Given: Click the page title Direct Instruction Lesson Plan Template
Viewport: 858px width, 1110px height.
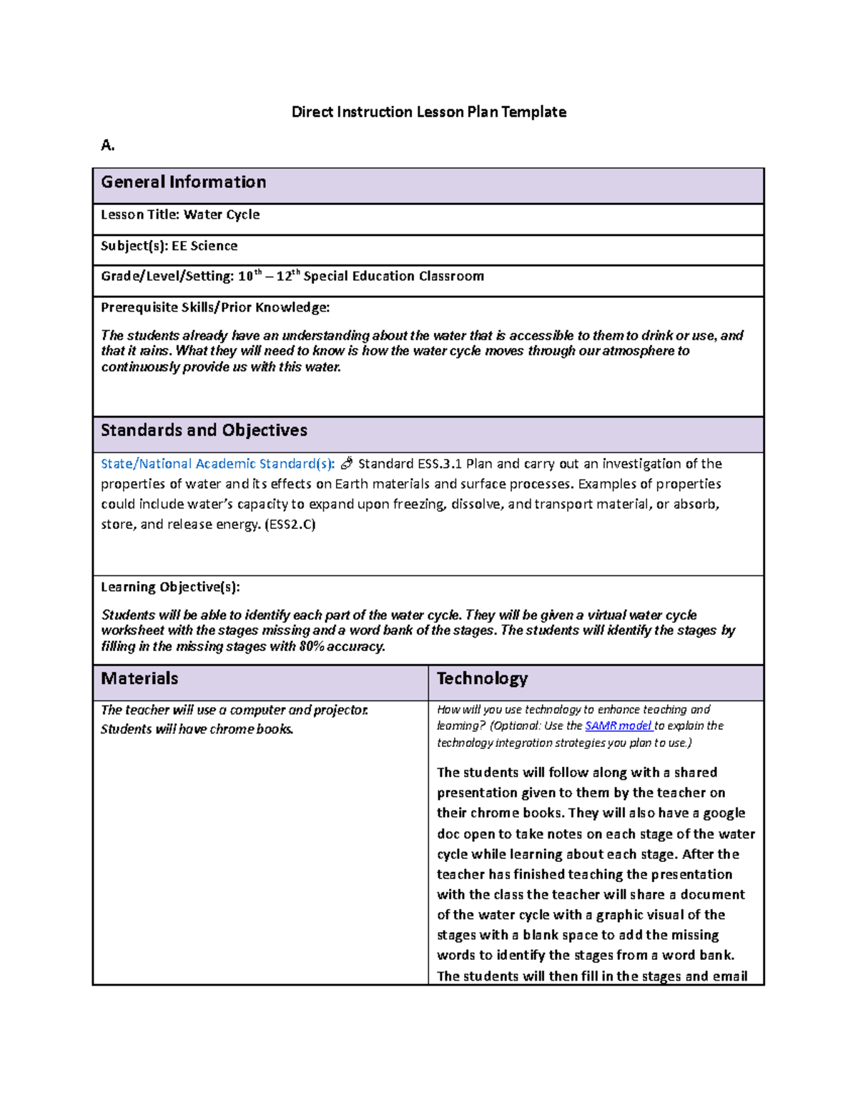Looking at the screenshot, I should (428, 112).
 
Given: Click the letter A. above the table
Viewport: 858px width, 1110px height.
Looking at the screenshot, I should (108, 146).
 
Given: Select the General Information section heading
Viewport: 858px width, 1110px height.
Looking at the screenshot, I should (183, 182).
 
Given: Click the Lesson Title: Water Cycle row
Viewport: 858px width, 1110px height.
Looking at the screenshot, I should (180, 215).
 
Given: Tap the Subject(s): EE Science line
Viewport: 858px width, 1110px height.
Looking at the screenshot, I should (169, 246).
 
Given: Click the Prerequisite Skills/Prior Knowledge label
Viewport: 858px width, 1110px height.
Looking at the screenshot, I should (215, 308).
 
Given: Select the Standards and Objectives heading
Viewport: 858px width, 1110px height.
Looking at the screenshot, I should (204, 430).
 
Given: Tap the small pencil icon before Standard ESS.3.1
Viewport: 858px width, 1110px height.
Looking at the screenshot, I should (347, 464).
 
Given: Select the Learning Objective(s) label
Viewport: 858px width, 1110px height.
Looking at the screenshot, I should (170, 588).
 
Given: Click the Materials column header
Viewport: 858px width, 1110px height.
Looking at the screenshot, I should (139, 679).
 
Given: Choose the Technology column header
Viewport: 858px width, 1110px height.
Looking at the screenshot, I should (482, 679).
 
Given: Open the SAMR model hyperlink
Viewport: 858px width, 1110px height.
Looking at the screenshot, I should (618, 726).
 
